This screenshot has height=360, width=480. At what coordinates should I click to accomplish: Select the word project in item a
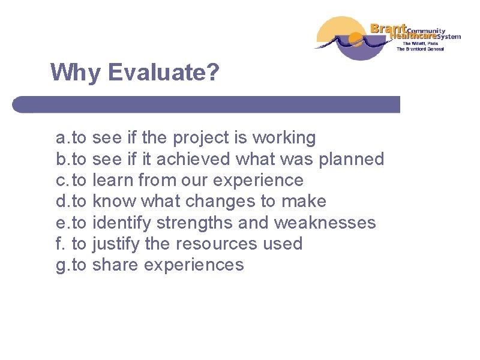[x=201, y=138]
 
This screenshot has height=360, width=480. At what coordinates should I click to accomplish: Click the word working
[x=284, y=138]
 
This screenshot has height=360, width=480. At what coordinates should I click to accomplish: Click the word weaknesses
[x=325, y=223]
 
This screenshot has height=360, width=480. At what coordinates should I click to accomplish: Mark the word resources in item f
[x=213, y=244]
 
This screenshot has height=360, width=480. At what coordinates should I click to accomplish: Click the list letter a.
[x=61, y=139]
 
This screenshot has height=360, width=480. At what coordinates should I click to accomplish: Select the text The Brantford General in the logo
[x=419, y=49]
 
